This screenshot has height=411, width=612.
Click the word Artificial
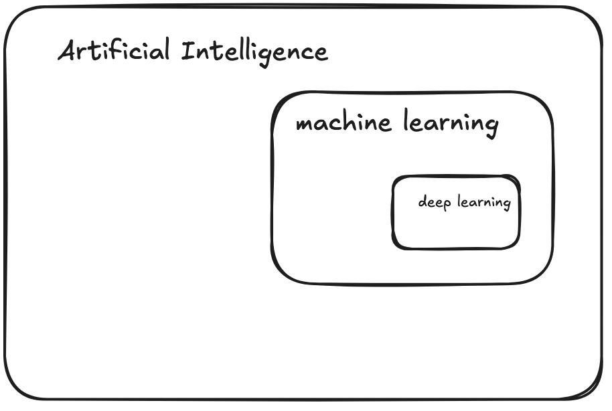tap(114, 52)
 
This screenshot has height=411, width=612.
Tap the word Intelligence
tap(255, 52)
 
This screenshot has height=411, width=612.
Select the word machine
tap(343, 123)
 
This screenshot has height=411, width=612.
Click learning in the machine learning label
tap(451, 124)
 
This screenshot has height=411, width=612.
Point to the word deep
tap(434, 202)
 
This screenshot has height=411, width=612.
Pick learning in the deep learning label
tap(483, 202)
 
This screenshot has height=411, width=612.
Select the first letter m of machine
tap(304, 125)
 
